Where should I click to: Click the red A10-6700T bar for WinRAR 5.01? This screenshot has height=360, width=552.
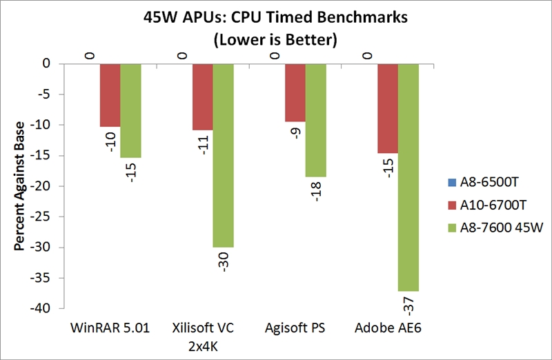(110, 95)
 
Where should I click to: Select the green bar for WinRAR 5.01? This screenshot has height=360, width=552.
(130, 110)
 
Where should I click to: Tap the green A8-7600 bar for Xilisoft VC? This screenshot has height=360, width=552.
(223, 155)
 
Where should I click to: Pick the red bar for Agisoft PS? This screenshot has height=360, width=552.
(295, 92)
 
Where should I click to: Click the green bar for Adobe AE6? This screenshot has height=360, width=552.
(408, 177)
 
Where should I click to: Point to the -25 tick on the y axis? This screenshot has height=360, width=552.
(43, 217)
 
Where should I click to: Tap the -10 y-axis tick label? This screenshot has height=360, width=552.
(43, 125)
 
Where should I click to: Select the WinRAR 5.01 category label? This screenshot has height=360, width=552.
(110, 327)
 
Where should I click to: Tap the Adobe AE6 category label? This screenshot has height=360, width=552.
(387, 327)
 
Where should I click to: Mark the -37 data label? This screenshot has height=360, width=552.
(408, 303)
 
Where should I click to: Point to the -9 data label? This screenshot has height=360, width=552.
(295, 130)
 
